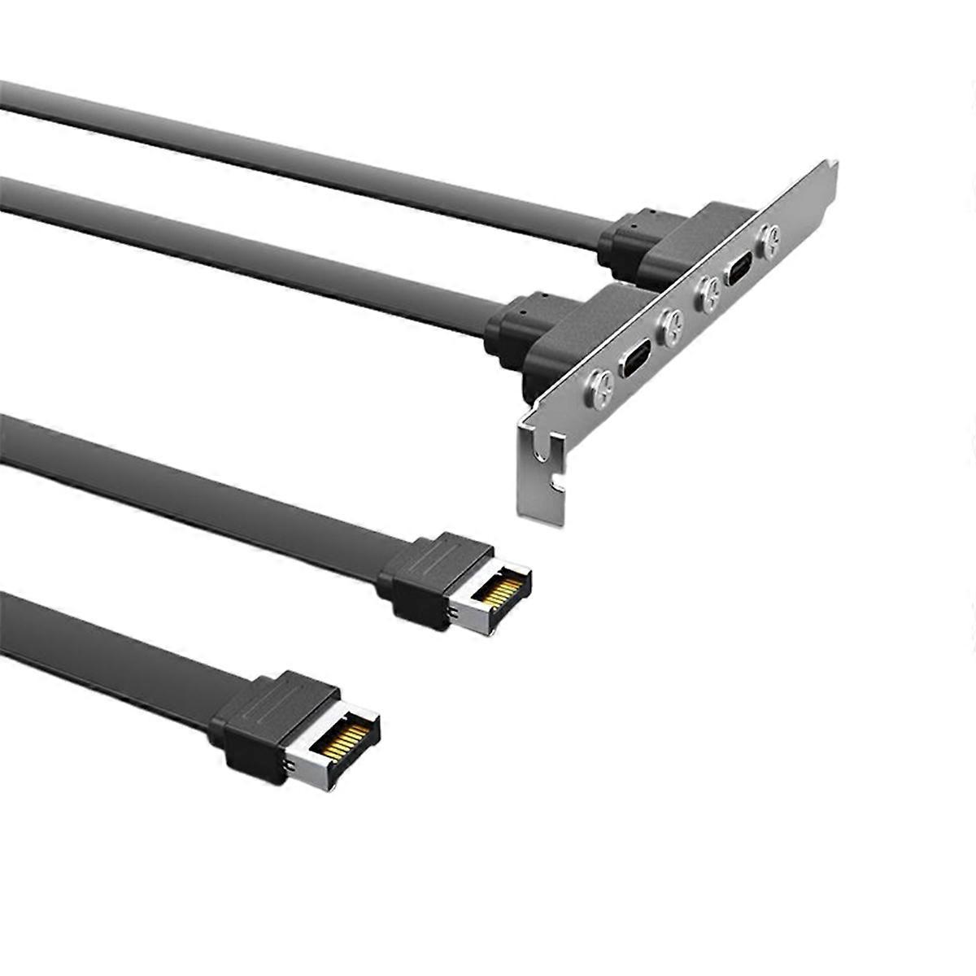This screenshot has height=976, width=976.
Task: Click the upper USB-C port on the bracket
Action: click(x=740, y=271)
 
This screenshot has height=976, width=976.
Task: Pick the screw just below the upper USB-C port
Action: click(x=708, y=294)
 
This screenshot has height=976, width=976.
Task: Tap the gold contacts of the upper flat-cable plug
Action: click(x=501, y=591)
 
